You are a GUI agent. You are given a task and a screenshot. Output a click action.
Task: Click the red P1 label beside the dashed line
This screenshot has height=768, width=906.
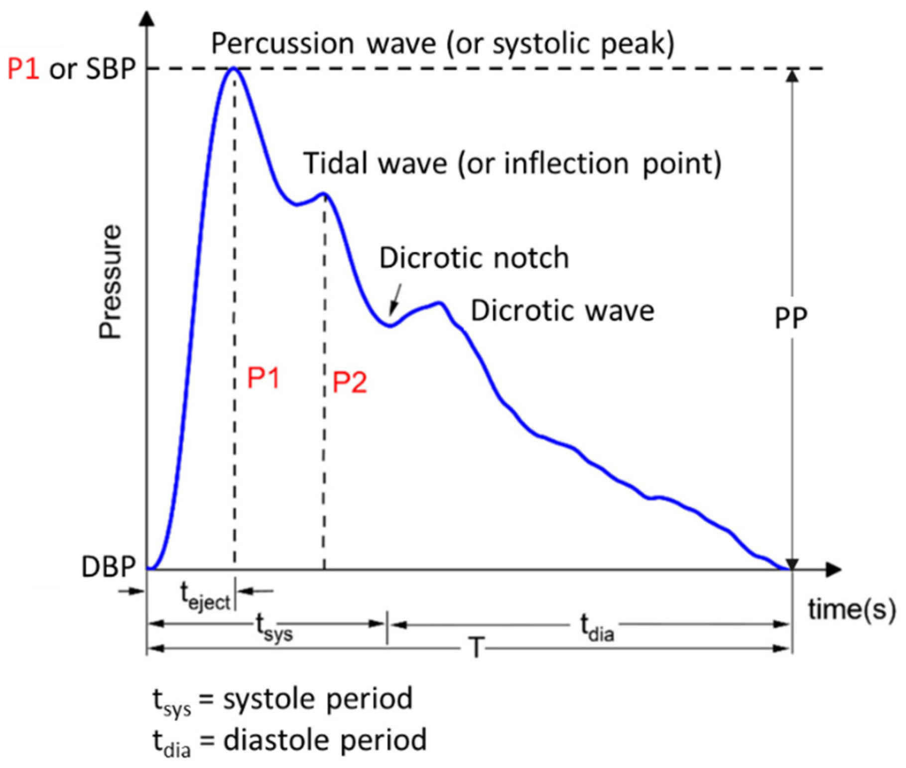[x=263, y=378]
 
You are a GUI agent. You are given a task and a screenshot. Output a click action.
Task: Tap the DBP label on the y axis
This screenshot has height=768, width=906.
[x=108, y=566]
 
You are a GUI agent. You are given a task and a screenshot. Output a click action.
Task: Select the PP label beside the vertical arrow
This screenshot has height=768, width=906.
[x=791, y=317]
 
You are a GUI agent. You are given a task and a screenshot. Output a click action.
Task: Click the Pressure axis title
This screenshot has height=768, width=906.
[x=110, y=281]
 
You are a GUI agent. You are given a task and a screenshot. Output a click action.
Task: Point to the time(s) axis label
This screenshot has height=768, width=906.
[x=851, y=609]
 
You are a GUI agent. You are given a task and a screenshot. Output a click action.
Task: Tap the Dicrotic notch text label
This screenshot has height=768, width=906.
[x=474, y=258]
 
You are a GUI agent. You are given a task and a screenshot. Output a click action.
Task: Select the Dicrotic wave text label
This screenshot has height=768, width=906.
[x=562, y=311]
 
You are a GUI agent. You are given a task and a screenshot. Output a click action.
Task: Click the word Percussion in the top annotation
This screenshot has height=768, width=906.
[x=282, y=44]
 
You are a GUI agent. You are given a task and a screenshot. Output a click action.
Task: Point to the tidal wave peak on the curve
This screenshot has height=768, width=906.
[x=324, y=194]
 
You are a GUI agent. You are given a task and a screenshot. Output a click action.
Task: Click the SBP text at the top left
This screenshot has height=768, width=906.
[x=111, y=69]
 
